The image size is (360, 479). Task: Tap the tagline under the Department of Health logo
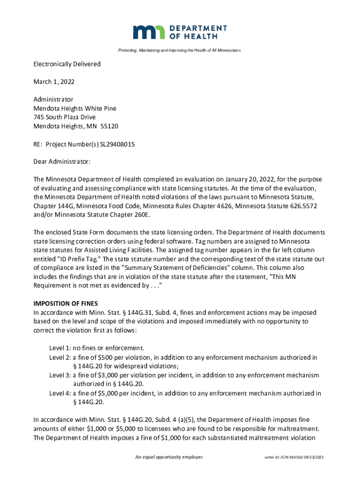click(x=180, y=50)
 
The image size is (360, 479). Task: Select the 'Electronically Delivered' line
click(x=67, y=64)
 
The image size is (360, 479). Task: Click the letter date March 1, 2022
click(x=54, y=82)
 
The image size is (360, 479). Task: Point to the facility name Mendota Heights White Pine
click(x=75, y=109)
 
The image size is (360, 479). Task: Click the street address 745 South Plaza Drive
click(x=64, y=117)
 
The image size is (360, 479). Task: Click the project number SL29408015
click(x=117, y=144)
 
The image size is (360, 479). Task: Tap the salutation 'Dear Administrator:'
click(x=62, y=162)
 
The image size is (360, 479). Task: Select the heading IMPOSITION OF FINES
click(x=65, y=304)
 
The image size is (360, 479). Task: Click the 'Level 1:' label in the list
click(x=60, y=348)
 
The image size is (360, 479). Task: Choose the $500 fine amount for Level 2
click(x=102, y=357)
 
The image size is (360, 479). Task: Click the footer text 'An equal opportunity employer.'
click(x=169, y=457)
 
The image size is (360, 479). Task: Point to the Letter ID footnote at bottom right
click(x=294, y=457)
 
